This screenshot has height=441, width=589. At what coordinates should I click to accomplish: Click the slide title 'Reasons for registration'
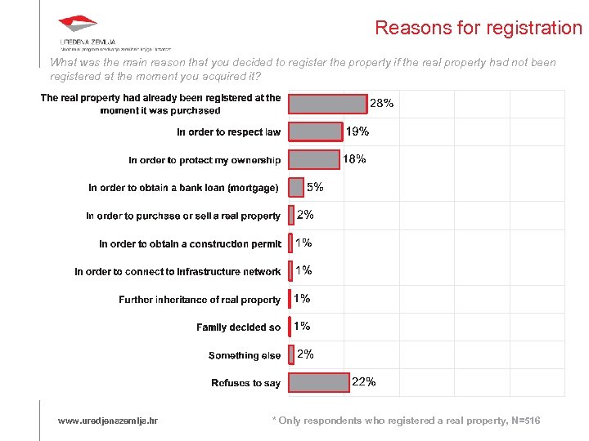(x=478, y=28)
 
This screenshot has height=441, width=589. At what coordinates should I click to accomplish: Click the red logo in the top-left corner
(x=78, y=25)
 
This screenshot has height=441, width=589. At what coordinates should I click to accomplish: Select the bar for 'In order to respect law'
(x=316, y=131)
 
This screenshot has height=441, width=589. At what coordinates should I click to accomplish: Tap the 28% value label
(x=382, y=104)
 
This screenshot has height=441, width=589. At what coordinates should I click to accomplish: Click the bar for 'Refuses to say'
(x=319, y=382)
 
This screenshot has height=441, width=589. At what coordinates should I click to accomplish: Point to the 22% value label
(x=364, y=381)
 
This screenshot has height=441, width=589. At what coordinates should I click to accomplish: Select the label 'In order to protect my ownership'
(x=205, y=160)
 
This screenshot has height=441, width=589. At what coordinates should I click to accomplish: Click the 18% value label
(x=354, y=159)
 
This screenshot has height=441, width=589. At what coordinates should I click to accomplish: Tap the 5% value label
(x=315, y=187)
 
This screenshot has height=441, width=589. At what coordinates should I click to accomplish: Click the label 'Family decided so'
(x=238, y=327)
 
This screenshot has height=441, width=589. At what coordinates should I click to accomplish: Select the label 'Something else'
(x=245, y=355)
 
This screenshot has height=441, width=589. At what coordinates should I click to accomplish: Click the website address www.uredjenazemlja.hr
(x=108, y=421)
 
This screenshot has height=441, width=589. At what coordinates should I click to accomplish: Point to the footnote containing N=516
(x=406, y=421)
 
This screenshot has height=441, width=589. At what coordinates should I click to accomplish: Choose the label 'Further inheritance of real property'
(x=200, y=300)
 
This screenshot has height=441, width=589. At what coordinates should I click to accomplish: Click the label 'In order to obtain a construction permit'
(x=190, y=244)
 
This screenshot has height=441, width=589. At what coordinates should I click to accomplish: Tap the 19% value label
(x=357, y=131)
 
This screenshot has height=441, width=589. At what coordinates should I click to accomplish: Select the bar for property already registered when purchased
(x=328, y=104)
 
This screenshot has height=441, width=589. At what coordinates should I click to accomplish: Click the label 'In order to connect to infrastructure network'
(x=178, y=272)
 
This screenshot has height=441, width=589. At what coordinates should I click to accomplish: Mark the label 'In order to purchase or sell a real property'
(x=183, y=216)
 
